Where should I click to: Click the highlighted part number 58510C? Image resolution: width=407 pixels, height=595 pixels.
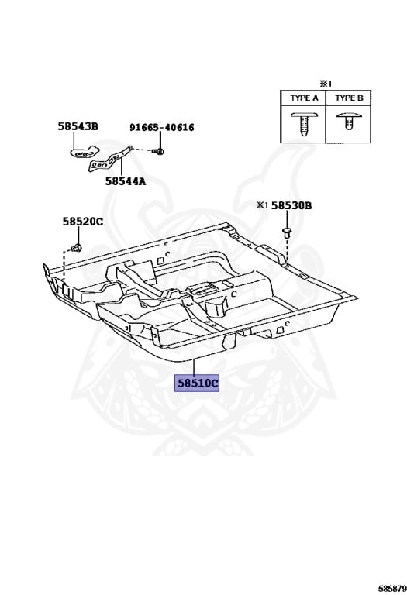coord(197,383)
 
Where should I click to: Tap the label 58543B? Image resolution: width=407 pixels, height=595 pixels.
coord(78,126)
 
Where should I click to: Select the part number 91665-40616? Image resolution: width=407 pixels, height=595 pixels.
coord(162,128)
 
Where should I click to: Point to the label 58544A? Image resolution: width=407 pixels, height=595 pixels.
coord(126,181)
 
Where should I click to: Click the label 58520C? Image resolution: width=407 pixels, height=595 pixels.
coord(83,222)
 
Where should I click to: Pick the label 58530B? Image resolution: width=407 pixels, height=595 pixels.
coord(291,205)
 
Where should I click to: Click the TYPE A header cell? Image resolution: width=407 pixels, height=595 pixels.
coord(304,98)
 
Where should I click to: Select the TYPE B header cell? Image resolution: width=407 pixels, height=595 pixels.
coord(349,98)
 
